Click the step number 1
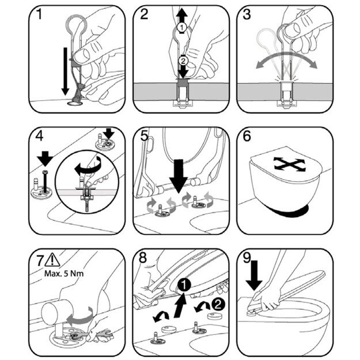39,14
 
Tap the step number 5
144,136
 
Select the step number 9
247,257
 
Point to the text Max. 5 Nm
64,274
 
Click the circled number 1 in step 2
181,28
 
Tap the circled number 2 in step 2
183,61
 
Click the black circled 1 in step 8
184,285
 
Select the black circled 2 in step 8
218,305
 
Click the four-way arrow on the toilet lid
290,164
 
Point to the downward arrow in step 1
65,71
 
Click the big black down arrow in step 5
179,176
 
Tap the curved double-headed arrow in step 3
286,60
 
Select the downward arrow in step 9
254,275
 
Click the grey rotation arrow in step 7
81,317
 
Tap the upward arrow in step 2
182,16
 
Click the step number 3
247,14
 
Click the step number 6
247,136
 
